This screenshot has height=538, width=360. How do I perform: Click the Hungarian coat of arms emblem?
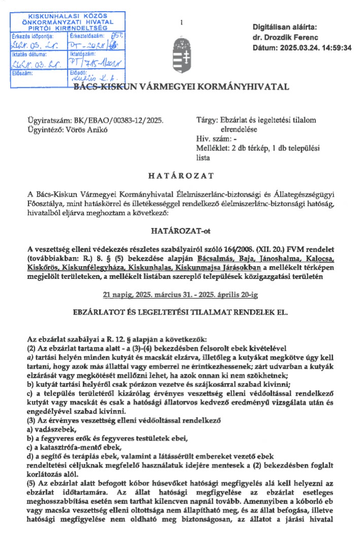pos(180,58)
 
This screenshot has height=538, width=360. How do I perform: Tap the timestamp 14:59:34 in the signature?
pos(333,48)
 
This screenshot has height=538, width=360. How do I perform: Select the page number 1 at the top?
pos(181,23)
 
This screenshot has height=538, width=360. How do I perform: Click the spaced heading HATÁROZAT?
pos(180,176)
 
